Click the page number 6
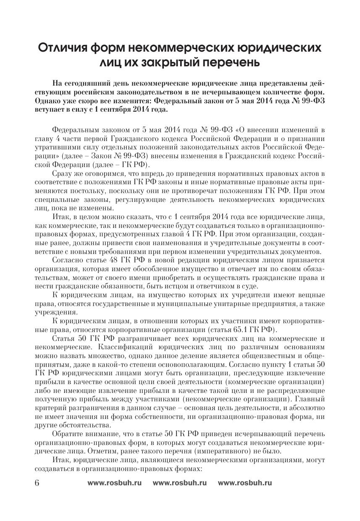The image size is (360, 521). (x=36, y=483)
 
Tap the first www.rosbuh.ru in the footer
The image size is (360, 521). (x=115, y=483)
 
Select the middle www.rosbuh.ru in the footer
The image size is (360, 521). (x=180, y=483)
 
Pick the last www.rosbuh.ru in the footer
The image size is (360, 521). (x=245, y=483)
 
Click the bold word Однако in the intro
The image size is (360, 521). (x=48, y=101)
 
